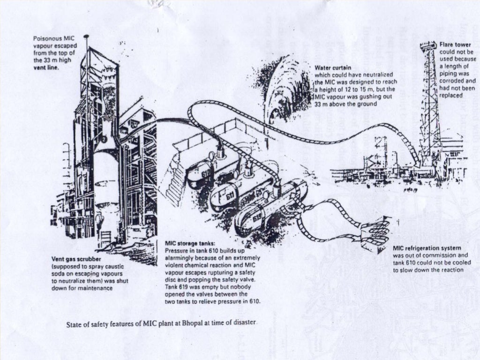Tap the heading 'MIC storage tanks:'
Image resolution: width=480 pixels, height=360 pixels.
(x=191, y=244)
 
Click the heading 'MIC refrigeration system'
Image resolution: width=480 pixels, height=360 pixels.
(x=427, y=248)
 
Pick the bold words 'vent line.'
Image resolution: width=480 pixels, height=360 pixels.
(x=45, y=67)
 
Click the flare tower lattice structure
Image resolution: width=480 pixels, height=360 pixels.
(x=429, y=108)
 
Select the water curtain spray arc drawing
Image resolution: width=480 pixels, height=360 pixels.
(x=281, y=89)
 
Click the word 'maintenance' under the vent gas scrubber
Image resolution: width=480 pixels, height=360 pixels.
(x=96, y=288)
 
